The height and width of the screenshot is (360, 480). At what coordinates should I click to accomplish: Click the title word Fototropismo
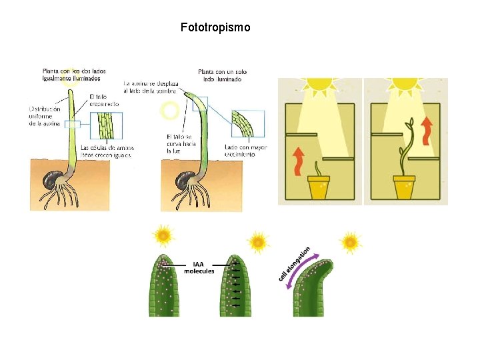point(215,28)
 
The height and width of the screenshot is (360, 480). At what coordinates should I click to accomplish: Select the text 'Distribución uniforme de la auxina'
point(45,116)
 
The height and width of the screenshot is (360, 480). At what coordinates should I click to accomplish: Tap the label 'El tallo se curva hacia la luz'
point(178,143)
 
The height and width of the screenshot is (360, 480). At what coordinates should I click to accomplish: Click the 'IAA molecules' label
point(199,267)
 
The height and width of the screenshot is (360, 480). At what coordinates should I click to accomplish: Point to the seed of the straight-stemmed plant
point(51,179)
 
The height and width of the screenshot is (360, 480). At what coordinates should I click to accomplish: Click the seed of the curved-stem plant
point(181,180)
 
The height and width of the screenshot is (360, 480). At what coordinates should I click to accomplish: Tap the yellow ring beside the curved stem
point(170,110)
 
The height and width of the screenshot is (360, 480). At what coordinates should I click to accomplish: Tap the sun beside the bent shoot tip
point(350,241)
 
